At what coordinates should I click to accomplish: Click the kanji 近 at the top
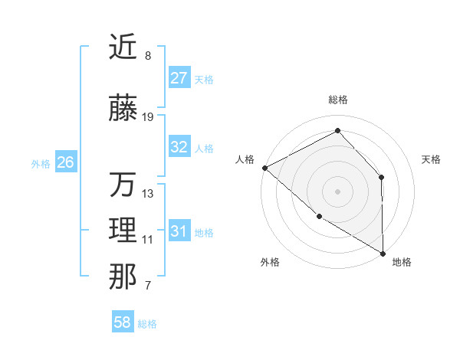pyautogui.click(x=123, y=47)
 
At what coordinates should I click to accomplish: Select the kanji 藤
pyautogui.click(x=123, y=109)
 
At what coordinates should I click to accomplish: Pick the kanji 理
pyautogui.click(x=123, y=231)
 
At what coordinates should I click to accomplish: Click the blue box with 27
pyautogui.click(x=179, y=78)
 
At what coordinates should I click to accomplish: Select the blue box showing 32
pyautogui.click(x=179, y=147)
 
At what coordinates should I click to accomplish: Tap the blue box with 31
pyautogui.click(x=179, y=231)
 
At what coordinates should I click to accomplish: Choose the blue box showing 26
pyautogui.click(x=66, y=162)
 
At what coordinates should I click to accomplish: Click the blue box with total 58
pyautogui.click(x=123, y=323)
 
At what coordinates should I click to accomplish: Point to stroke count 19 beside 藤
pyautogui.click(x=148, y=117)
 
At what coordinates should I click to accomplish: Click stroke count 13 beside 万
pyautogui.click(x=148, y=194)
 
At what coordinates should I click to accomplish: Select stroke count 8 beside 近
pyautogui.click(x=148, y=56)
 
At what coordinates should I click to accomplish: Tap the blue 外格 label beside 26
pyautogui.click(x=41, y=163)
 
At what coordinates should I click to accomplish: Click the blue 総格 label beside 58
pyautogui.click(x=147, y=324)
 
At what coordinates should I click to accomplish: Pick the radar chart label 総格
pyautogui.click(x=338, y=100)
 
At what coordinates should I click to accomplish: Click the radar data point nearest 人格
pyautogui.click(x=264, y=168)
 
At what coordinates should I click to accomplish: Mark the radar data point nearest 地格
pyautogui.click(x=383, y=254)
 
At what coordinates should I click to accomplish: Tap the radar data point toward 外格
pyautogui.click(x=319, y=217)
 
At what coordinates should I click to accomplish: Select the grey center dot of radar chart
pyautogui.click(x=338, y=191)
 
